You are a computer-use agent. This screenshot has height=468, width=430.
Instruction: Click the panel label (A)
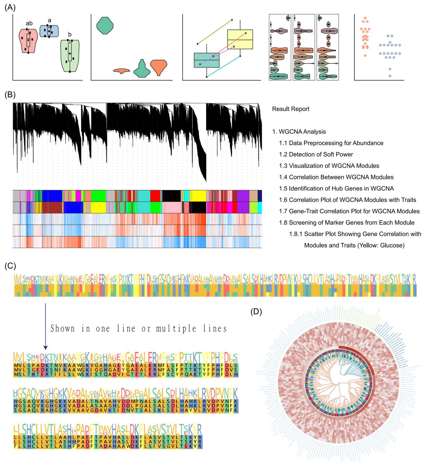click(10, 7)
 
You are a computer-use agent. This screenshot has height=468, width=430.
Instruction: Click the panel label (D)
click(256, 312)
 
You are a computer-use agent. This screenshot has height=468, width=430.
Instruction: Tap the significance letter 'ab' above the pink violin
click(29, 23)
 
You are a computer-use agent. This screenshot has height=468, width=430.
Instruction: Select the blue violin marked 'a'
click(49, 31)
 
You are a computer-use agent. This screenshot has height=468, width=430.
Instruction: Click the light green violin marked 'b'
click(70, 56)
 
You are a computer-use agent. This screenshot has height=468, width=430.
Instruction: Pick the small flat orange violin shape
click(121, 71)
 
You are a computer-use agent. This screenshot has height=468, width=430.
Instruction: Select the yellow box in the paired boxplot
click(240, 39)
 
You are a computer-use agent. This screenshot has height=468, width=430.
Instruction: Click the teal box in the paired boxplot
click(207, 60)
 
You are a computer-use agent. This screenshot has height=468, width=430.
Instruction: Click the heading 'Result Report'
click(290, 109)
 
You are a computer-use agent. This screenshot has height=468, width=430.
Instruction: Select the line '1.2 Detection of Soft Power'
click(316, 154)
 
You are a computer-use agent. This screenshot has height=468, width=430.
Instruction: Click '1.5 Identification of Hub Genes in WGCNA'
click(336, 189)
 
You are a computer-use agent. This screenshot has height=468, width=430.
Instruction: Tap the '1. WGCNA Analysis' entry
click(299, 132)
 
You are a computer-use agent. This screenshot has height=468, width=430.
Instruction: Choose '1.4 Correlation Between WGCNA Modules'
click(336, 177)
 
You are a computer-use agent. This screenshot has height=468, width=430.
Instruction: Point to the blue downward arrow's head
click(45, 347)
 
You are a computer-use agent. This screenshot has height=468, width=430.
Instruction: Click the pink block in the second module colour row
click(172, 207)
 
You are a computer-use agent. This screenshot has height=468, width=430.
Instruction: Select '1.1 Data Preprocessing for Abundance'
click(331, 143)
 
